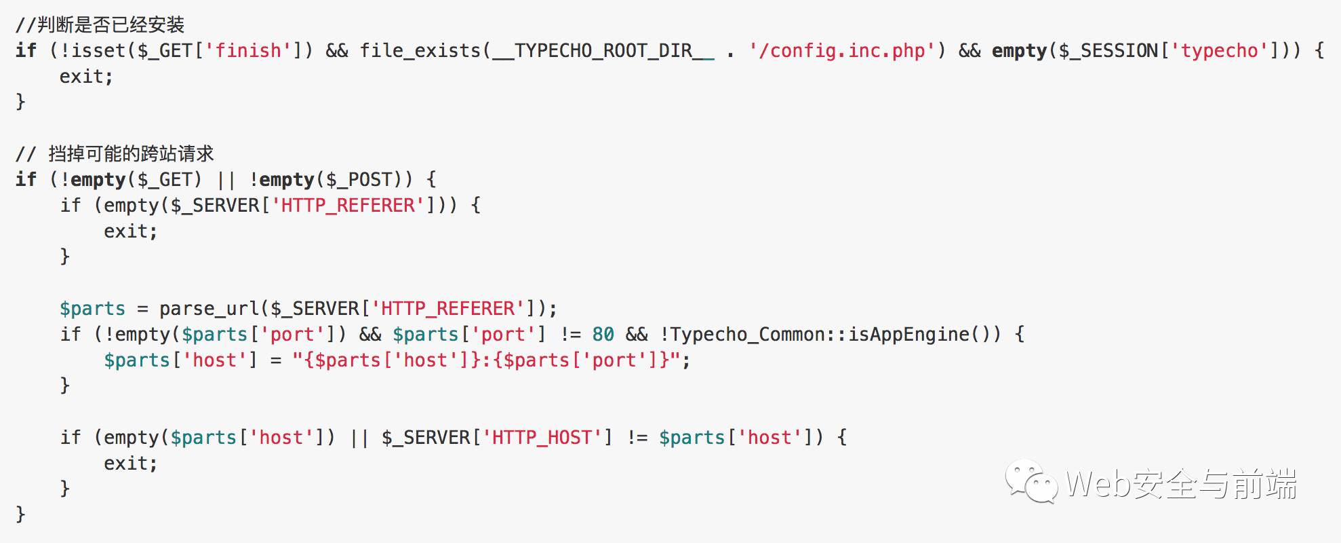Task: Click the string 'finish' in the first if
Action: point(248,50)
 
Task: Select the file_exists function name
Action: point(420,51)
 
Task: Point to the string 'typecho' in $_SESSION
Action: point(1219,51)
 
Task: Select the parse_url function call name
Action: point(209,309)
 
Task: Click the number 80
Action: point(603,334)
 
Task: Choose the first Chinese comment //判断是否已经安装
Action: point(100,25)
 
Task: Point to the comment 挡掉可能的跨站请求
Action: point(131,154)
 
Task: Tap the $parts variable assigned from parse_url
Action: point(92,309)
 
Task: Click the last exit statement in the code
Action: point(130,464)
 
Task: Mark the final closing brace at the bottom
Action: point(20,514)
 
